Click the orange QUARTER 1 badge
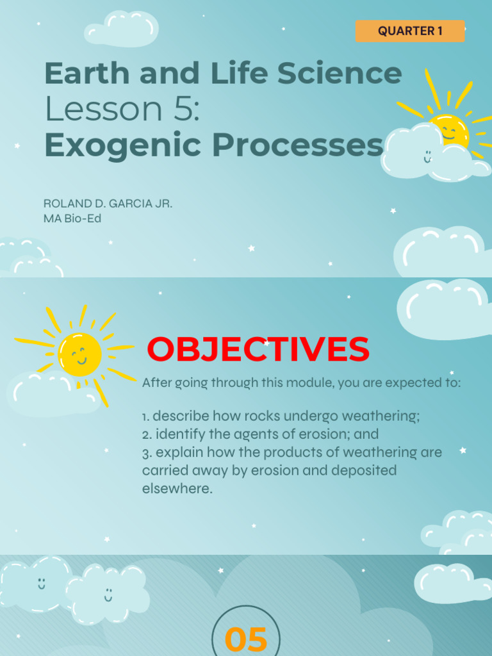coord(410,31)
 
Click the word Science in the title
coord(345,74)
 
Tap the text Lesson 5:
coord(122,110)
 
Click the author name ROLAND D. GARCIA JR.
coord(108,204)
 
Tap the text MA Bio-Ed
coord(72,218)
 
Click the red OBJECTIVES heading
coord(258,350)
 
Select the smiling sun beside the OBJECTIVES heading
coord(80,354)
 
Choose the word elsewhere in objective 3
coord(176,489)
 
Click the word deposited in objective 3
coord(361,470)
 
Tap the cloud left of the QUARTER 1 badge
coord(122,29)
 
